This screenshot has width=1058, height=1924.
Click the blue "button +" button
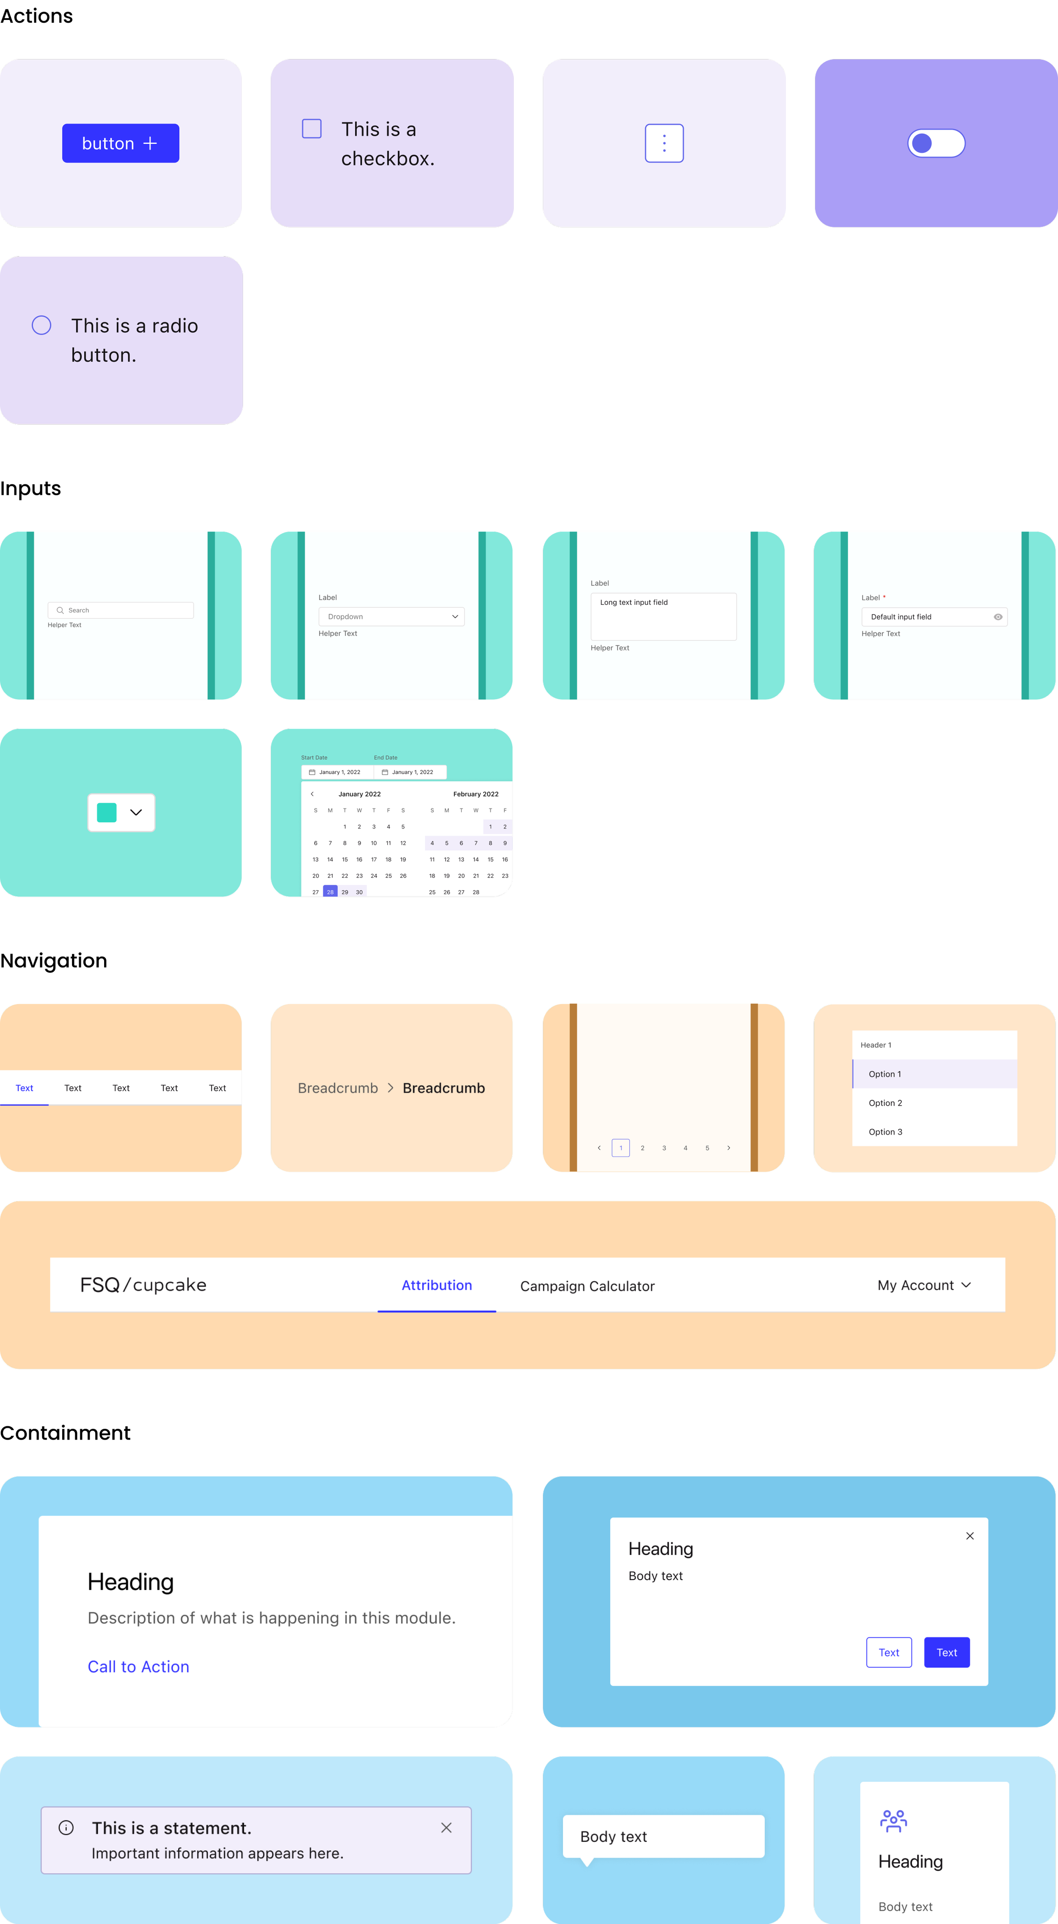tap(120, 143)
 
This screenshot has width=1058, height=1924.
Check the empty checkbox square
tap(311, 129)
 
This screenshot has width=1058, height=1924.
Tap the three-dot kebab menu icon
tap(664, 143)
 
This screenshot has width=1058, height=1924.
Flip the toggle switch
tap(936, 143)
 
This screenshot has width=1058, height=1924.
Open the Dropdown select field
tap(391, 617)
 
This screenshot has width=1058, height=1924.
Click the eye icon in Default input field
tap(997, 617)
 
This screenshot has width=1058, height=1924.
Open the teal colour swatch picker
tap(121, 812)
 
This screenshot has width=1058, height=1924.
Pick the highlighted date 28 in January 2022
tap(330, 892)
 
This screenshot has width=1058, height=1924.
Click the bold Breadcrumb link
tap(444, 1088)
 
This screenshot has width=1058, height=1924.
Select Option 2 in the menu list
tap(885, 1103)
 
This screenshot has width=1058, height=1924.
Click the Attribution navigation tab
tap(437, 1285)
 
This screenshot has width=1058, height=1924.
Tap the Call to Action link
tap(138, 1667)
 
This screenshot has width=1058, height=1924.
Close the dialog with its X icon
tap(970, 1536)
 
